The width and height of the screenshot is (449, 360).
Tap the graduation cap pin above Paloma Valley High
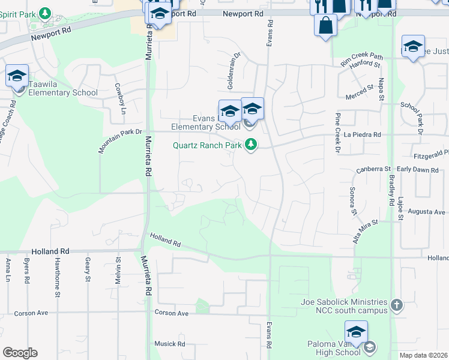pos(356,332)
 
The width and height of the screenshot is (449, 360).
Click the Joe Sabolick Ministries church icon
pos(396,305)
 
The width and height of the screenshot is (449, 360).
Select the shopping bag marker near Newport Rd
pos(325,26)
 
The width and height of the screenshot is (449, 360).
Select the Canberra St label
pos(373,169)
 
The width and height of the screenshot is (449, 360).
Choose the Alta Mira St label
pos(366,231)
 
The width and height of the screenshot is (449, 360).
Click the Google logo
pos(20,353)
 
